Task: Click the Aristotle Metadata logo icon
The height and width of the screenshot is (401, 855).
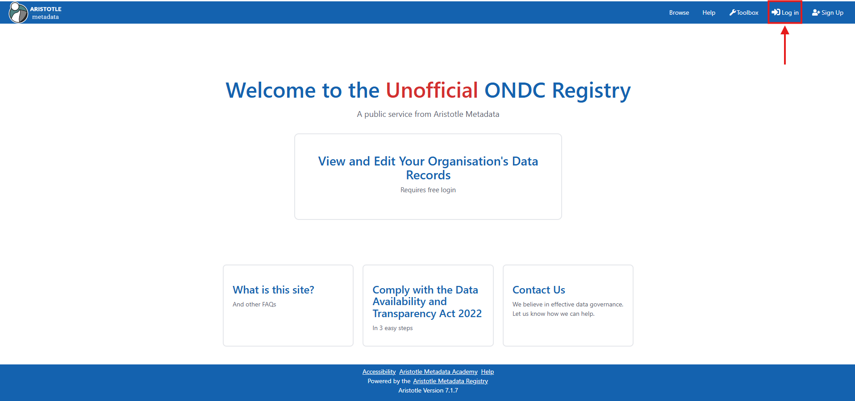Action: click(18, 12)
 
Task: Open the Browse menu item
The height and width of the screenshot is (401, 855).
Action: click(679, 12)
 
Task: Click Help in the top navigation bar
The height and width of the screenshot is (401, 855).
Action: click(709, 12)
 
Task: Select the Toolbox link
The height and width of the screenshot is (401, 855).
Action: click(744, 12)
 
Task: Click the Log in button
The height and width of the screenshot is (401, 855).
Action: click(785, 12)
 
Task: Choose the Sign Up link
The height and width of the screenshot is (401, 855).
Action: click(828, 12)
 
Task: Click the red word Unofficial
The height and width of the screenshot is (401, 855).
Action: click(432, 90)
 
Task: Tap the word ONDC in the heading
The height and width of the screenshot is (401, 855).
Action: click(515, 90)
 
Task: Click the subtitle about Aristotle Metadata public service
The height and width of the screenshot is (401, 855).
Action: click(428, 114)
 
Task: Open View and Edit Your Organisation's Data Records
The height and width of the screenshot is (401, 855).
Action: click(428, 168)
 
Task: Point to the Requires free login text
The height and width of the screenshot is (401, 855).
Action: click(428, 190)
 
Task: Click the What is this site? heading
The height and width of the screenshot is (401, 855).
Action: click(273, 290)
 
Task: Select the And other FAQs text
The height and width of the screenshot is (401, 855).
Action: click(254, 304)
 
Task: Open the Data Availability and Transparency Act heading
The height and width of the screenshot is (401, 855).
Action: click(427, 302)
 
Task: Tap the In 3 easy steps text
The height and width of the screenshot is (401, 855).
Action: click(392, 328)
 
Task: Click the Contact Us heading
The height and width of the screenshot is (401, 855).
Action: click(538, 290)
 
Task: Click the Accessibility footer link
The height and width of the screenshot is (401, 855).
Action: click(379, 372)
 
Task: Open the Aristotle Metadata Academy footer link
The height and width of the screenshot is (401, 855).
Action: click(438, 372)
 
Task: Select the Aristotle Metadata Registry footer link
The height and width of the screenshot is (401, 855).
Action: click(450, 381)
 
